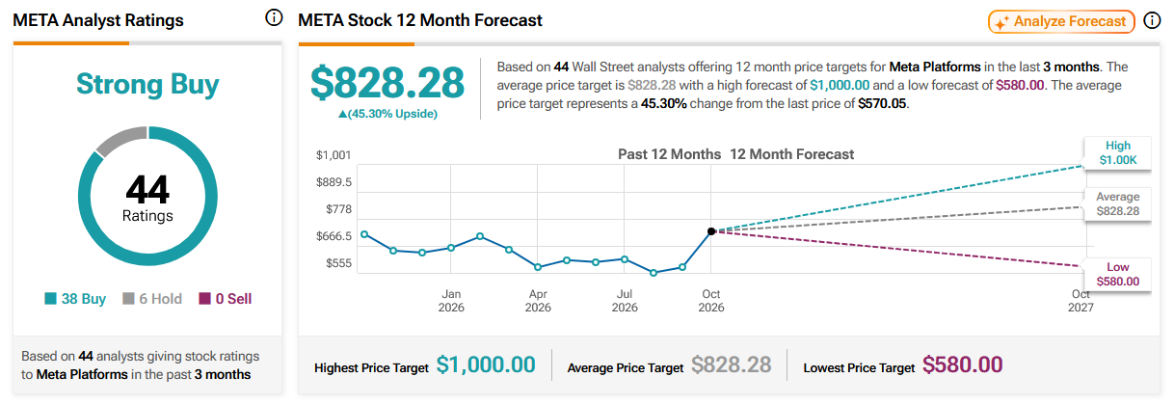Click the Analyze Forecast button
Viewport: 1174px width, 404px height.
tap(1061, 21)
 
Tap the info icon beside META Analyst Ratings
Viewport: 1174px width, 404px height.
tap(274, 17)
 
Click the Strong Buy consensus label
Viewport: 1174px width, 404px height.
tap(147, 84)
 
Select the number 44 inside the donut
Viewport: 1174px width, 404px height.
tap(147, 190)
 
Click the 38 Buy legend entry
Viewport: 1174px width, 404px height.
tap(75, 299)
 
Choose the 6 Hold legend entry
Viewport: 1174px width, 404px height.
tap(152, 299)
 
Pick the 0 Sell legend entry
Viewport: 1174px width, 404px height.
tap(226, 299)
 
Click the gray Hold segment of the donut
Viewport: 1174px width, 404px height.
tap(120, 140)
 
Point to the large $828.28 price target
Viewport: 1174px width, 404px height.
tap(387, 83)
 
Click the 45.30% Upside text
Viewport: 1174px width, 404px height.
tap(387, 114)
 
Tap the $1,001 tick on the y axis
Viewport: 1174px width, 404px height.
tap(334, 155)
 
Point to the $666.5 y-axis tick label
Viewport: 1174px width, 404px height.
tap(334, 236)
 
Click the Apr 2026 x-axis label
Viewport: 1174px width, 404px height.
tap(538, 301)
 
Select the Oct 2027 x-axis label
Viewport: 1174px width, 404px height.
tap(1081, 301)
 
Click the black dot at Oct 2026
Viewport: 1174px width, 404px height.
tap(711, 231)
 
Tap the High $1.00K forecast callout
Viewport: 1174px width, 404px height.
tap(1117, 153)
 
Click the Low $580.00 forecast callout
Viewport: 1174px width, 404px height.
tap(1117, 275)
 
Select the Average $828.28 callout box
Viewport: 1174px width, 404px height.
tap(1117, 204)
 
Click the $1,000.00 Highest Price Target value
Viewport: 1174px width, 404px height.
tap(486, 364)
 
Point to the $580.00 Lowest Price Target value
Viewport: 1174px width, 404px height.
tap(963, 364)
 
